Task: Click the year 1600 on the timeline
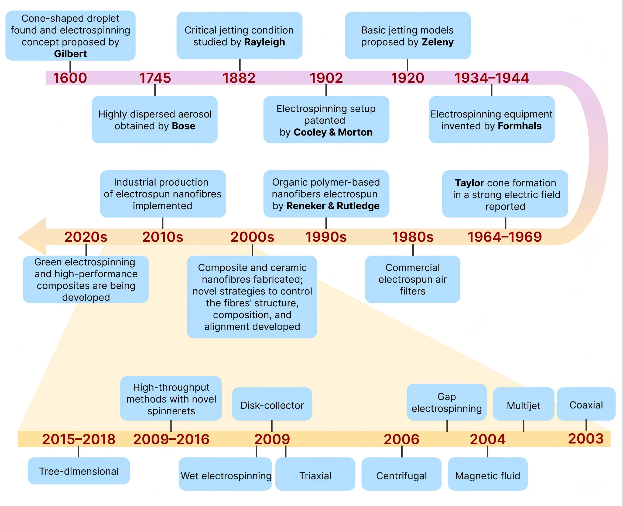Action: [70, 78]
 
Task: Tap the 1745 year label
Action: [155, 78]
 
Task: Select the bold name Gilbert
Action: [70, 54]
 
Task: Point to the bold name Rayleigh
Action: [264, 42]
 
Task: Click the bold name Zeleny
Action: [438, 42]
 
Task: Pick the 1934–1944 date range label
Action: [492, 78]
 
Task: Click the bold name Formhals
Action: [519, 126]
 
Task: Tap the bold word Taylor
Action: [470, 183]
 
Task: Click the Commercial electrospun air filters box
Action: [413, 279]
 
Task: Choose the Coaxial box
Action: [586, 404]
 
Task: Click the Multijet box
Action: [523, 404]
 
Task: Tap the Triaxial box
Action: [315, 474]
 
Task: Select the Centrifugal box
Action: [402, 474]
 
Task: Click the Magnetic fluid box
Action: [488, 474]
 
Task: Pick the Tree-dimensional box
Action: [79, 471]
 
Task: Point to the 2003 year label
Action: [586, 438]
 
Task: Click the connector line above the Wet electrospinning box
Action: [256, 452]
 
